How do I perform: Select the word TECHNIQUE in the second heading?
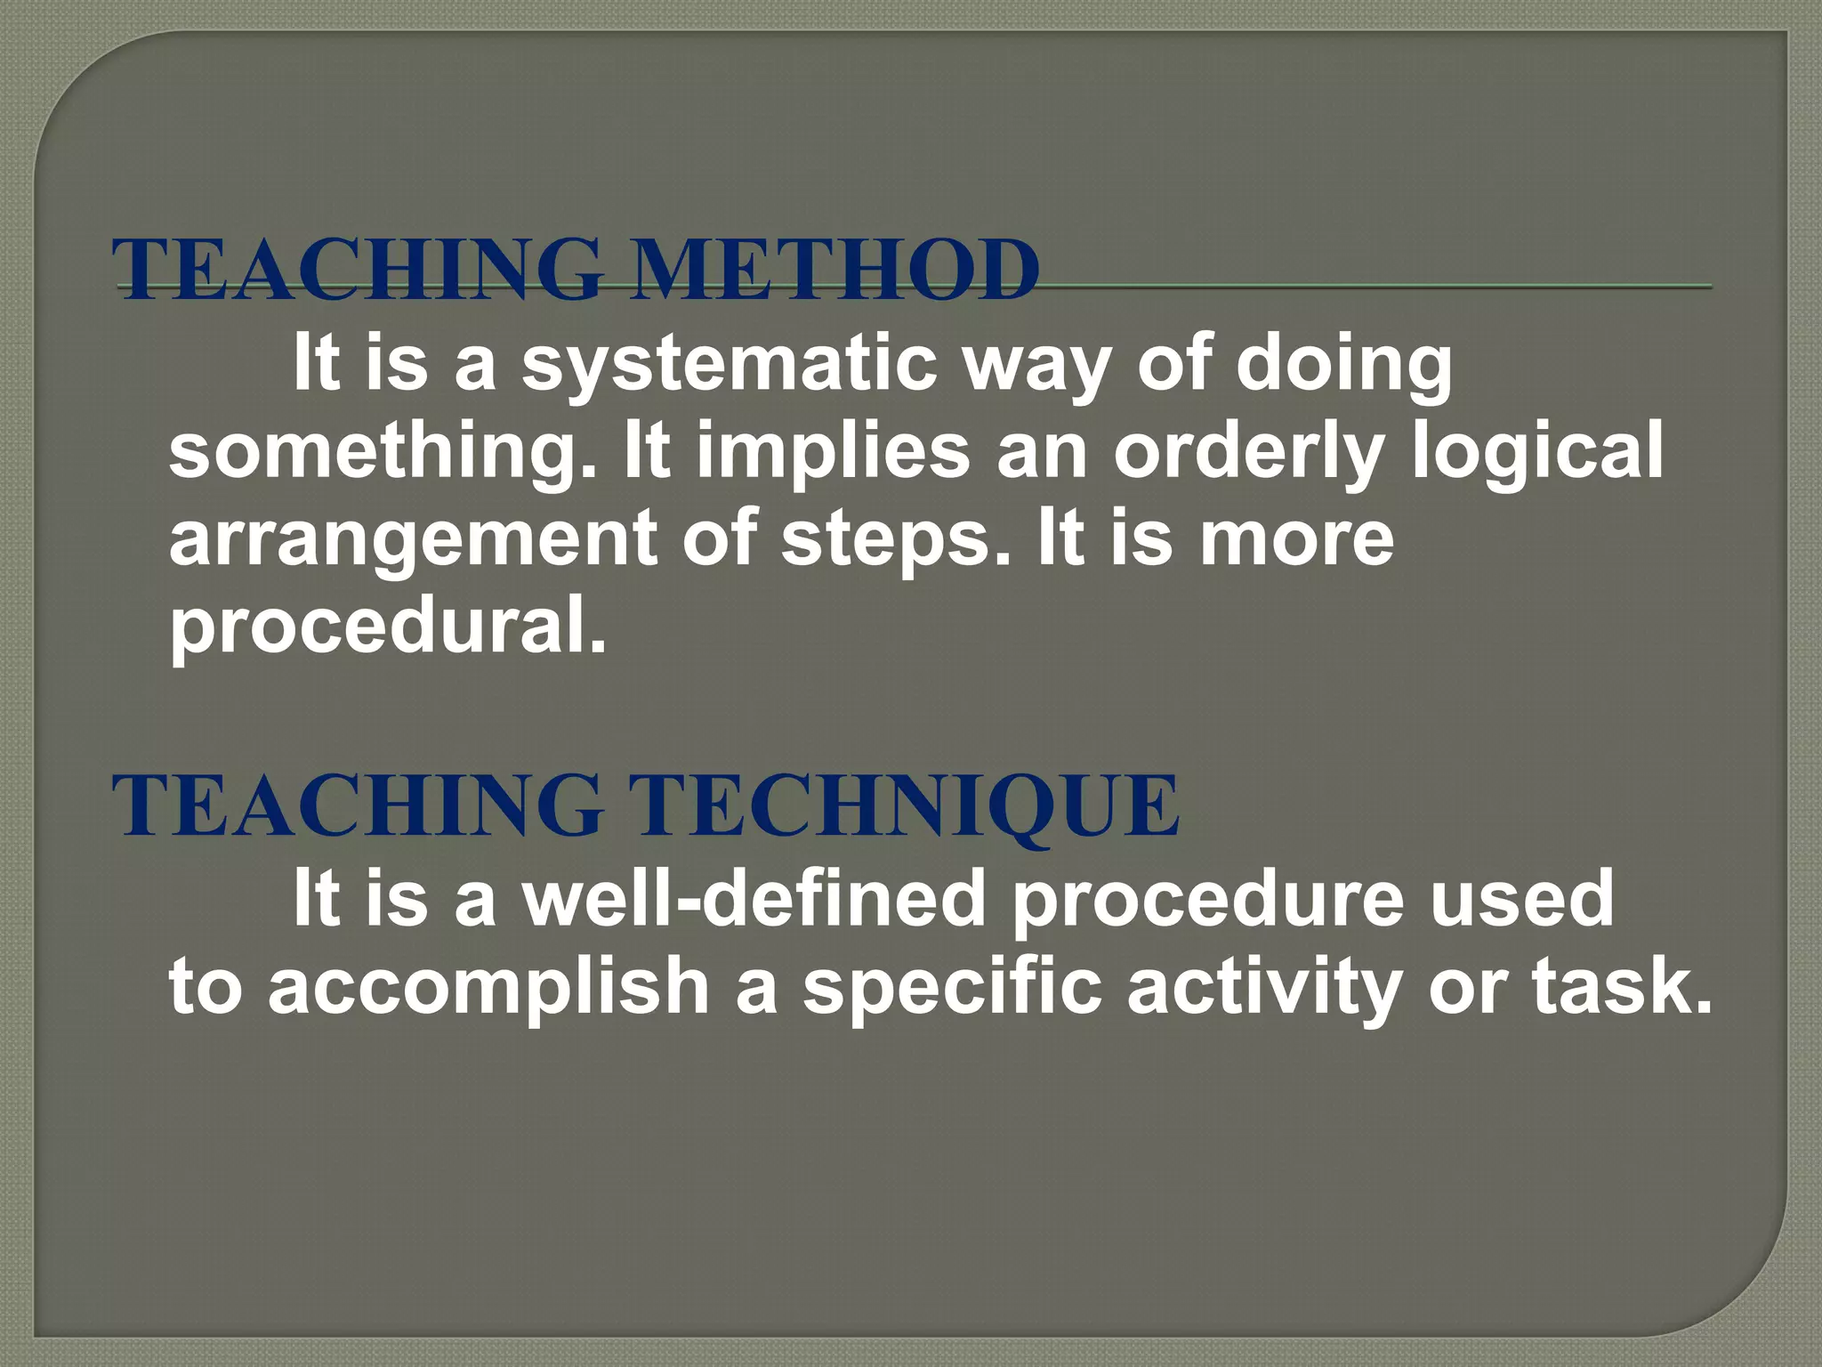(x=907, y=805)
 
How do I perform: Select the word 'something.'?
(x=383, y=450)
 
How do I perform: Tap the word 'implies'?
(x=833, y=450)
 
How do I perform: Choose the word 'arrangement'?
(x=414, y=538)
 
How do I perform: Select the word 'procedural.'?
(x=388, y=625)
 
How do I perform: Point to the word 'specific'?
(x=952, y=986)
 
